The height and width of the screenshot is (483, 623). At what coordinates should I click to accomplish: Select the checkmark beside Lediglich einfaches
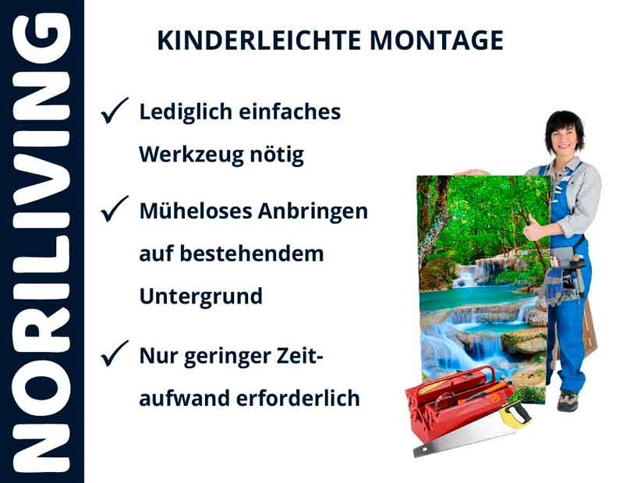(115, 114)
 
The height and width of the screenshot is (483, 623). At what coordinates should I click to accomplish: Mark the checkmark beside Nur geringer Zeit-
(115, 356)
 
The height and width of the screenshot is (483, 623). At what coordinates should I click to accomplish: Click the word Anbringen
(318, 211)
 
